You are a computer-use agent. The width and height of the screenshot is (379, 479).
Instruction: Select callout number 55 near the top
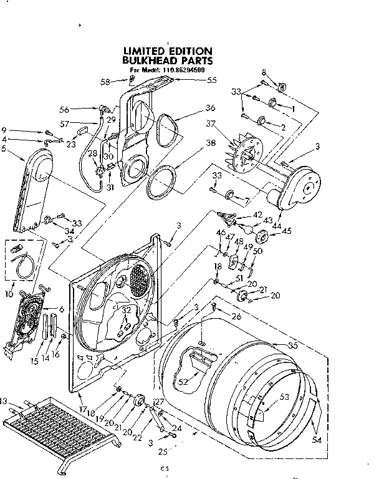[x=211, y=80]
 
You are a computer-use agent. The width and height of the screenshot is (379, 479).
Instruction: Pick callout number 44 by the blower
[x=276, y=224]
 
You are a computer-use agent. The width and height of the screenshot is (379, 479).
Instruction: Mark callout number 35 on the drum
[x=292, y=345]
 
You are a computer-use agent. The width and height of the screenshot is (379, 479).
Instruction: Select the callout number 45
[x=287, y=231]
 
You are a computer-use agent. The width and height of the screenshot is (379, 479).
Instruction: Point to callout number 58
[x=105, y=82]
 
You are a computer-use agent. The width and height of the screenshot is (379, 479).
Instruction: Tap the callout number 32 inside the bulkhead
[x=127, y=309]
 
